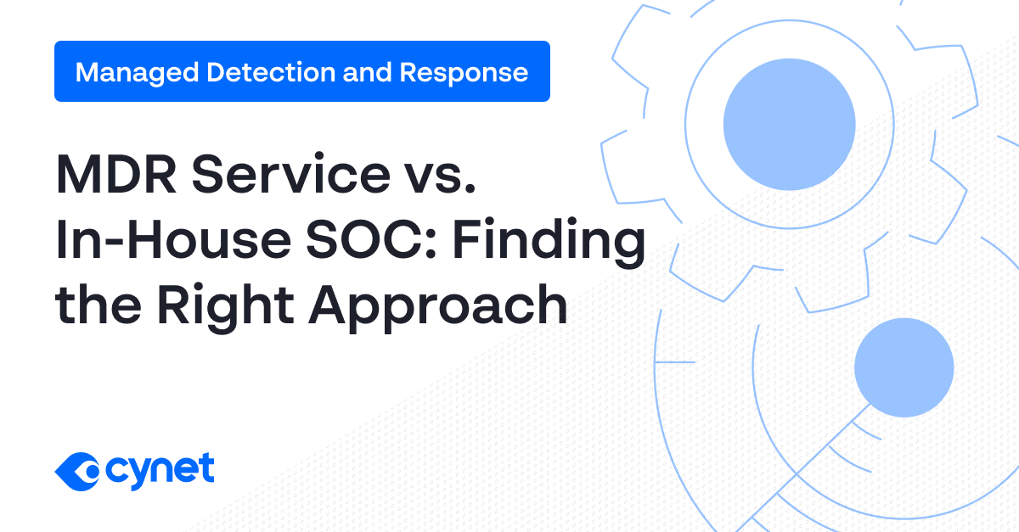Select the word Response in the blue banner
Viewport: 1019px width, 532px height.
[x=464, y=73]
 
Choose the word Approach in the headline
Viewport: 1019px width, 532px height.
[x=437, y=307]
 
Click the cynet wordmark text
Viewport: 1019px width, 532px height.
[x=160, y=469]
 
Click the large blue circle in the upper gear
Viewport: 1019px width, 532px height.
[x=789, y=123]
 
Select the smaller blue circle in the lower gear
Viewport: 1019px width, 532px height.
[x=904, y=367]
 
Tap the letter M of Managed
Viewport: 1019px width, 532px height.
[x=85, y=72]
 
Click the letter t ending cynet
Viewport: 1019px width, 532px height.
[x=206, y=468]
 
